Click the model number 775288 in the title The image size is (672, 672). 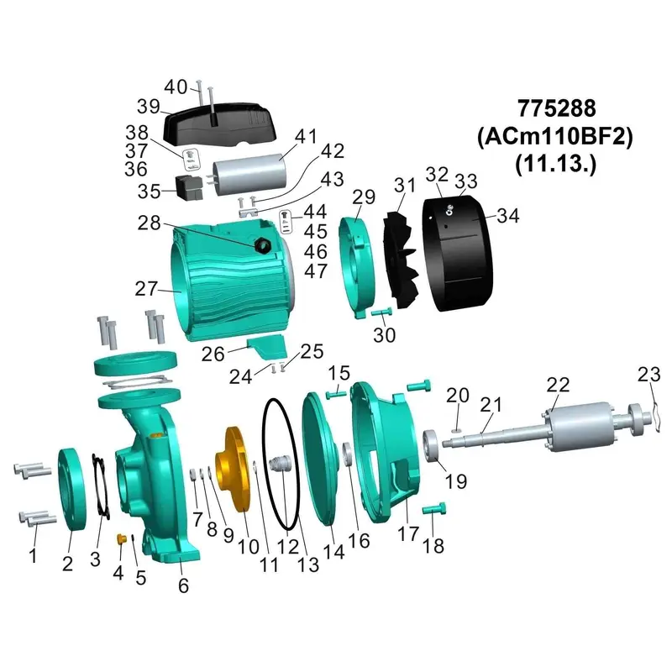556,108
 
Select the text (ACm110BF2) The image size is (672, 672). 555,137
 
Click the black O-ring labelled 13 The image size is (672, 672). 281,464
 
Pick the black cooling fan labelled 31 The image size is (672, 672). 402,260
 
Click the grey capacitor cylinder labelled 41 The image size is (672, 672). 249,174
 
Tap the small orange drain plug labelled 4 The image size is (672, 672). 121,538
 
